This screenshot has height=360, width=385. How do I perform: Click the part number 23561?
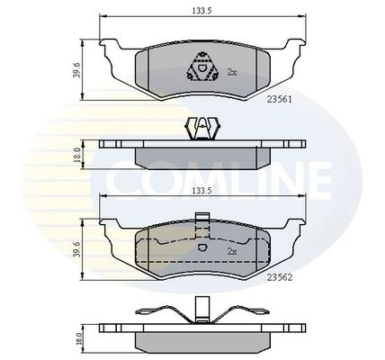click(279, 99)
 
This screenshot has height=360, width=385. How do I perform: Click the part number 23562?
click(280, 278)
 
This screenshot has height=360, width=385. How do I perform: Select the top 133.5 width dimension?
click(201, 11)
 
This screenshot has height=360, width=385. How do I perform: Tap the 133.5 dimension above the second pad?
click(201, 191)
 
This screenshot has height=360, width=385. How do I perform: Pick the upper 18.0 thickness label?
click(76, 155)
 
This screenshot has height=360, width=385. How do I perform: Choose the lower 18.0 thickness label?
click(76, 339)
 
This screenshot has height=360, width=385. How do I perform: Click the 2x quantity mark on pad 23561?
click(232, 72)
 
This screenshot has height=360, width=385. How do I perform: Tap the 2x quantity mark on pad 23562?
click(232, 251)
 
